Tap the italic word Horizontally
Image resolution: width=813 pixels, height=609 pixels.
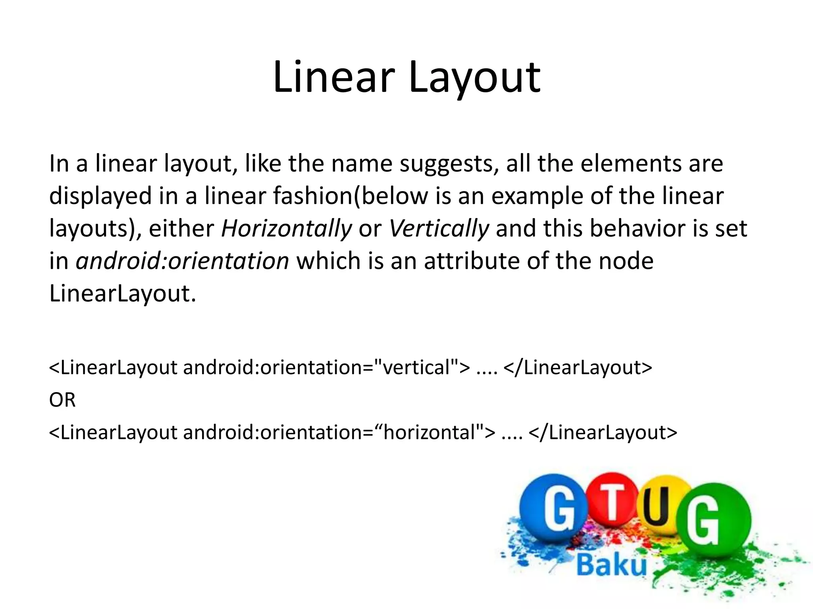[286, 229]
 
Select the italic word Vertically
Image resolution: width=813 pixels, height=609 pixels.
[438, 229]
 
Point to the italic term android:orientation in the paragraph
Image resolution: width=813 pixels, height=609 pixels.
[182, 261]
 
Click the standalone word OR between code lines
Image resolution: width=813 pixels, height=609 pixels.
[62, 400]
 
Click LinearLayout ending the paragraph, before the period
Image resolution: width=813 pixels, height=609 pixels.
[119, 294]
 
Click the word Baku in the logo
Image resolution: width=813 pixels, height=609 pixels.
[612, 565]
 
